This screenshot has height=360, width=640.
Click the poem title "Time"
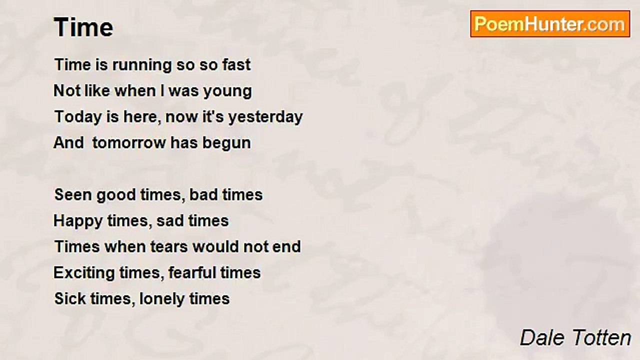pos(83,27)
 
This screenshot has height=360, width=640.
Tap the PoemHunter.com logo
pos(550,24)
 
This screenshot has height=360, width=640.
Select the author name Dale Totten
pos(575,337)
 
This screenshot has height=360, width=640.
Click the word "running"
pos(142,65)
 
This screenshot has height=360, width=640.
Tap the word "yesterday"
pos(265,117)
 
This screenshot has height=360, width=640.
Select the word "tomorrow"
pos(129,142)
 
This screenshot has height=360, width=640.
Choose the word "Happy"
pos(78,221)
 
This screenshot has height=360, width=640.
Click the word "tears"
pos(168,247)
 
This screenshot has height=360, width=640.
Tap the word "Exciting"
pos(84,273)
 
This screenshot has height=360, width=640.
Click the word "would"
pos(215,247)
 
